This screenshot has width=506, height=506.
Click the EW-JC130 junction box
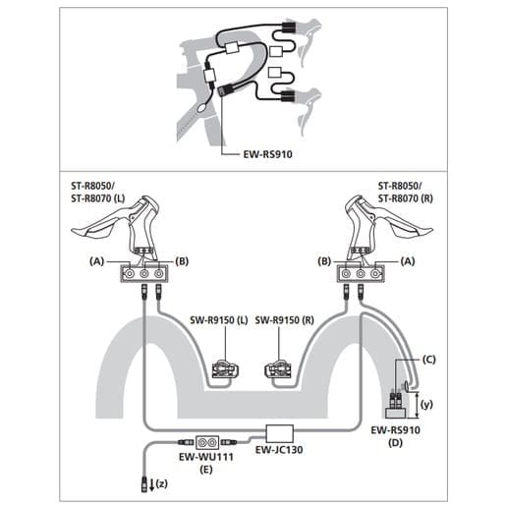(x=279, y=433)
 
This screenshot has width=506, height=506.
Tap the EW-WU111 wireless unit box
(x=207, y=442)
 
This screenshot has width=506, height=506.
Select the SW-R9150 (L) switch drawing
(x=225, y=369)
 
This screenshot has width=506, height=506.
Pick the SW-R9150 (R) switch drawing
(x=278, y=369)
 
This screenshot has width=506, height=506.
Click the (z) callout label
(x=162, y=483)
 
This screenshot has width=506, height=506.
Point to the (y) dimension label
(x=426, y=405)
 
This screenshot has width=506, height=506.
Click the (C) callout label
(x=428, y=360)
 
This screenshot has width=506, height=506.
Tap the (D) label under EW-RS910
(x=395, y=443)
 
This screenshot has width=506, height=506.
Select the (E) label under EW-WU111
(x=206, y=470)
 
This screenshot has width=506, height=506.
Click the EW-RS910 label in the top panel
(x=267, y=154)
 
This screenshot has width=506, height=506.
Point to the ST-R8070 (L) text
(x=98, y=198)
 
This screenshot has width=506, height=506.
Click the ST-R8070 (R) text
(x=406, y=198)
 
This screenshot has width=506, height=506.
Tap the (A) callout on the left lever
(x=96, y=261)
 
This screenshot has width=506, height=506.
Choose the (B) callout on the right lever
(x=324, y=261)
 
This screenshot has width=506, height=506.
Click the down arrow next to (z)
(x=151, y=485)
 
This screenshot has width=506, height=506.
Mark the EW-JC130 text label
(x=279, y=450)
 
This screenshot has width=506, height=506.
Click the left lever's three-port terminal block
(x=144, y=274)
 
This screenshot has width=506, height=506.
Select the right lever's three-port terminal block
(x=361, y=274)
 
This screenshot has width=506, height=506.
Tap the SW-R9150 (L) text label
(x=219, y=320)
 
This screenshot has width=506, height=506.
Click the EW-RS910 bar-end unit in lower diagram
(x=395, y=405)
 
